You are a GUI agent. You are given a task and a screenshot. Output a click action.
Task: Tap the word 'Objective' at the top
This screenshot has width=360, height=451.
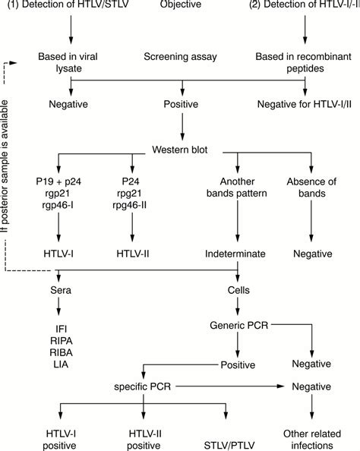pos(180,8)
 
